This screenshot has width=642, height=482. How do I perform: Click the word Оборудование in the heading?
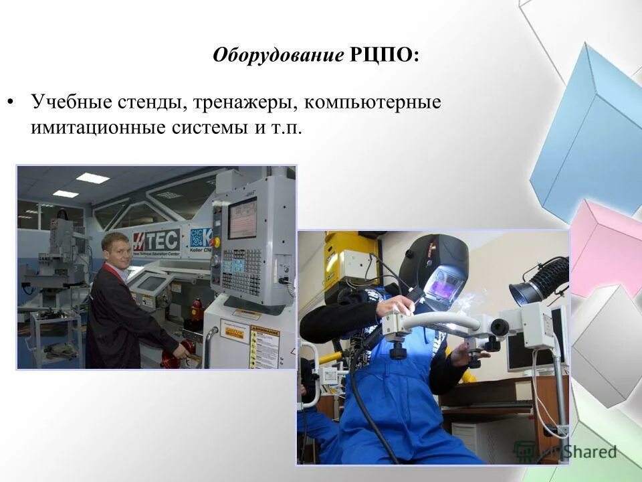coord(278,55)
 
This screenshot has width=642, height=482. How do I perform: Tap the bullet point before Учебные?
coord(10,104)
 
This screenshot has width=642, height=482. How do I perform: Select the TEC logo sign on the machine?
coord(158,240)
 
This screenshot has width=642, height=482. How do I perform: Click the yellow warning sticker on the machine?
coord(264,345)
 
